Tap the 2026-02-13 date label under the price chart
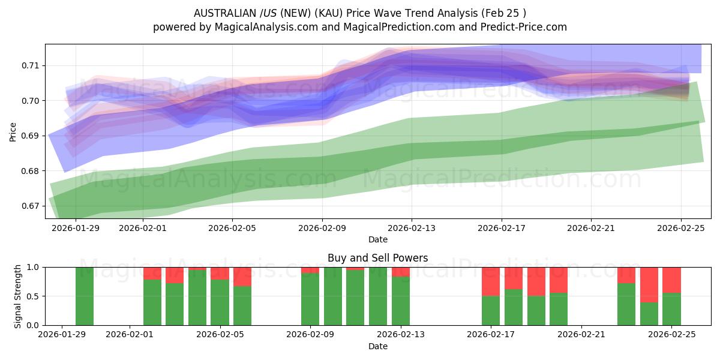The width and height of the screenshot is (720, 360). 412,228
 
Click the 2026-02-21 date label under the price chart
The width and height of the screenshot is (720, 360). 591,228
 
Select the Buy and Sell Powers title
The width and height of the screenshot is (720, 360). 377,258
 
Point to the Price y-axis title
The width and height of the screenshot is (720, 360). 13,131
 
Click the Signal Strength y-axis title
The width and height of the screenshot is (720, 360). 18,296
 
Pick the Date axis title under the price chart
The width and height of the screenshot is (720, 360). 377,239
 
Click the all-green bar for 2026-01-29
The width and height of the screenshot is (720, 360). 85,296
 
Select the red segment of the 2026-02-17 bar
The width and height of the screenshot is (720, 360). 491,281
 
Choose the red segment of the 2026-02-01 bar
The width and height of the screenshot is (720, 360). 152,274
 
